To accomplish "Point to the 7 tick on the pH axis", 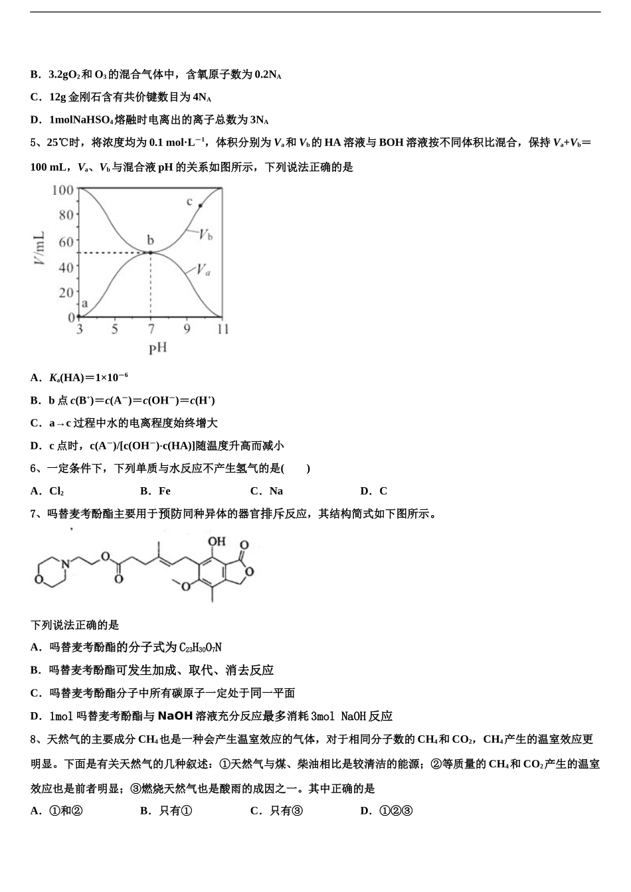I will [x=151, y=329].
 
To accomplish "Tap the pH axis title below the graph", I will [x=157, y=348].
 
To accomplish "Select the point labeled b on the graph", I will [x=151, y=252].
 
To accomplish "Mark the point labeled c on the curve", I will [x=200, y=206].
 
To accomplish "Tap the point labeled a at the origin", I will [x=79, y=317].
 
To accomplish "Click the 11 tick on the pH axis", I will [x=223, y=329].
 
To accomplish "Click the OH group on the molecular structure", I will [x=217, y=542].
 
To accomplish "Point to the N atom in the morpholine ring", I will [x=64, y=563].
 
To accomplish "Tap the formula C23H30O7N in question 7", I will [x=200, y=647].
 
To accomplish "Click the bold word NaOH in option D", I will [x=175, y=715].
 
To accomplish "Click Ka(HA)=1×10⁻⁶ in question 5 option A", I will [x=88, y=378].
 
